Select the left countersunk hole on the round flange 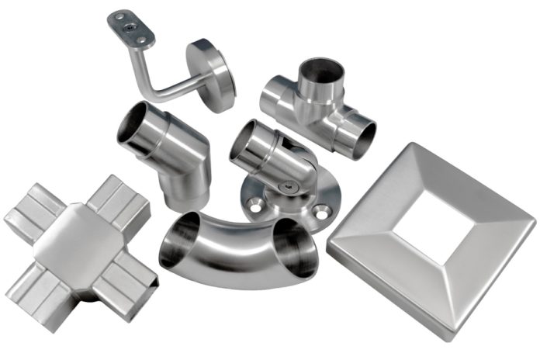point(254,206)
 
